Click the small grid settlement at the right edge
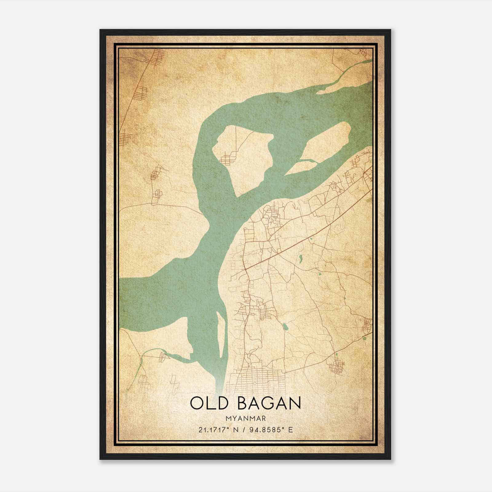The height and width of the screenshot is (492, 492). (x=367, y=326)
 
